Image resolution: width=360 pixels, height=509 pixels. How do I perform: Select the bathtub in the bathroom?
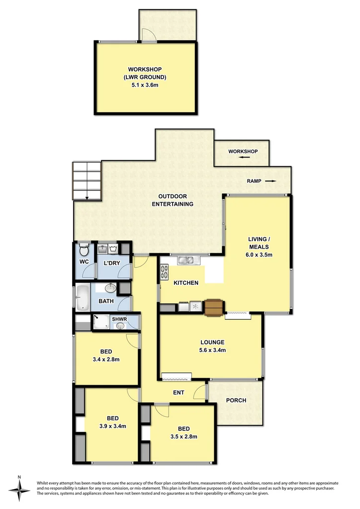[x=81, y=298]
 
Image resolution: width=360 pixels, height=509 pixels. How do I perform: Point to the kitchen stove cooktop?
[x=165, y=271]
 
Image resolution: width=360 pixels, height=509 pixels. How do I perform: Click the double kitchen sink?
[x=187, y=259]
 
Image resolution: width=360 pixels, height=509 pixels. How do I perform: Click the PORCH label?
[x=236, y=400]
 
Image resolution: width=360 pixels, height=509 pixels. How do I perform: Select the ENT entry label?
[x=179, y=393]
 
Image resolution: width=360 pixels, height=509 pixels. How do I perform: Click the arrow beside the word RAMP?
[x=270, y=181]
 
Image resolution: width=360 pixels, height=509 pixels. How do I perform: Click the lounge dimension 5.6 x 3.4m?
[x=212, y=350]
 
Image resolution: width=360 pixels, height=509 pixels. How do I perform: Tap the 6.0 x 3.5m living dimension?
[x=259, y=254]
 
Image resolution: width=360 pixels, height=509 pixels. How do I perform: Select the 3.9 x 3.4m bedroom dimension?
[x=112, y=426]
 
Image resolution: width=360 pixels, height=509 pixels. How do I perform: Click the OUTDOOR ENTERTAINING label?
[x=172, y=200]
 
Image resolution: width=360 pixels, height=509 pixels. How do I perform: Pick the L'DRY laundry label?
[x=111, y=263]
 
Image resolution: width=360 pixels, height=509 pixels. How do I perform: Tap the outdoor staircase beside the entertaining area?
[x=87, y=180]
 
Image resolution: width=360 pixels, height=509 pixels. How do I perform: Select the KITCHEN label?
[x=185, y=283]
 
